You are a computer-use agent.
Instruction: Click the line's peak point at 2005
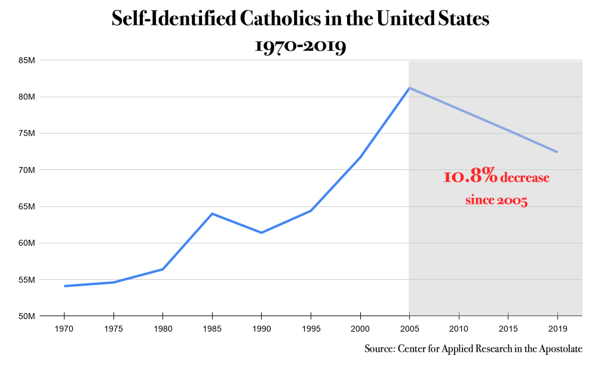pos(409,88)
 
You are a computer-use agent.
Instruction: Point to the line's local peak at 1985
pos(212,214)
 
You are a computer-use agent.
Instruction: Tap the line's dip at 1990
pos(261,233)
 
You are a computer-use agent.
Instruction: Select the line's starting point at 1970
pos(65,286)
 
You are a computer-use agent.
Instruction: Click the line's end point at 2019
pos(557,152)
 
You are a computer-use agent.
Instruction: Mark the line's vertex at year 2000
pos(360,157)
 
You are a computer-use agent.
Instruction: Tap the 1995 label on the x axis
pos(311,329)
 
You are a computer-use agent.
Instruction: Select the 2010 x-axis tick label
pos(458,329)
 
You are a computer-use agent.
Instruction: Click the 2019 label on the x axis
pos(557,329)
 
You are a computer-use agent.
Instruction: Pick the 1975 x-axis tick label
pos(114,329)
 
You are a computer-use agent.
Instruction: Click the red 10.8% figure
pos(470,177)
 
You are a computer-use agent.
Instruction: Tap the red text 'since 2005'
pos(496,200)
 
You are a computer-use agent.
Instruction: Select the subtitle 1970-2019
pos(300,46)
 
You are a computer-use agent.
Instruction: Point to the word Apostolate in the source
pos(559,349)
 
